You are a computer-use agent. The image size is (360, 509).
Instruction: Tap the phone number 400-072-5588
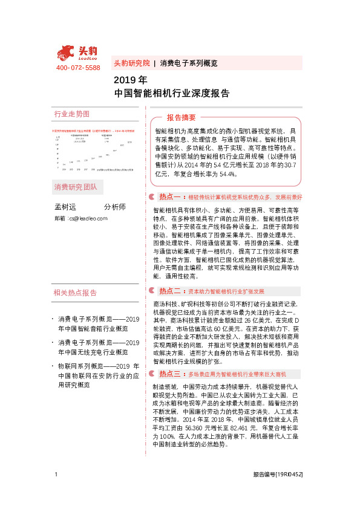pos(77,68)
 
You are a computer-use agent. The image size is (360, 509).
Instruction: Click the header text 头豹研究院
pos(131,63)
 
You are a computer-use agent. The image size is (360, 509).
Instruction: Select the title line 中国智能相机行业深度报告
pos(172,94)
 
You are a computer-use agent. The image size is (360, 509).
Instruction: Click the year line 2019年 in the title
pos(130,80)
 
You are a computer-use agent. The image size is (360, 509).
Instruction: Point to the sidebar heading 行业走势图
pos(72,114)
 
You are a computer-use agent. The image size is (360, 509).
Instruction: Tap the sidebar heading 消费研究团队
pos(75,186)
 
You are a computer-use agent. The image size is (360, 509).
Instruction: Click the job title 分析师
pos(115,207)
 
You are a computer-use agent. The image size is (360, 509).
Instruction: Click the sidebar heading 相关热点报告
pos(75,293)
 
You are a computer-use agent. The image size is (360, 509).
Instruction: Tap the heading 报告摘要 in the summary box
pos(181,117)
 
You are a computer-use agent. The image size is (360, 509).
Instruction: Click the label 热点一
pos(170,197)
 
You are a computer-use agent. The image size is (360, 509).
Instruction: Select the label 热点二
pos(170,291)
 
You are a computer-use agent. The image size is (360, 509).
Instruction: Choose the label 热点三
pos(170,374)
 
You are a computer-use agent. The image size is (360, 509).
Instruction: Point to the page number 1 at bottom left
pos(56,491)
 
